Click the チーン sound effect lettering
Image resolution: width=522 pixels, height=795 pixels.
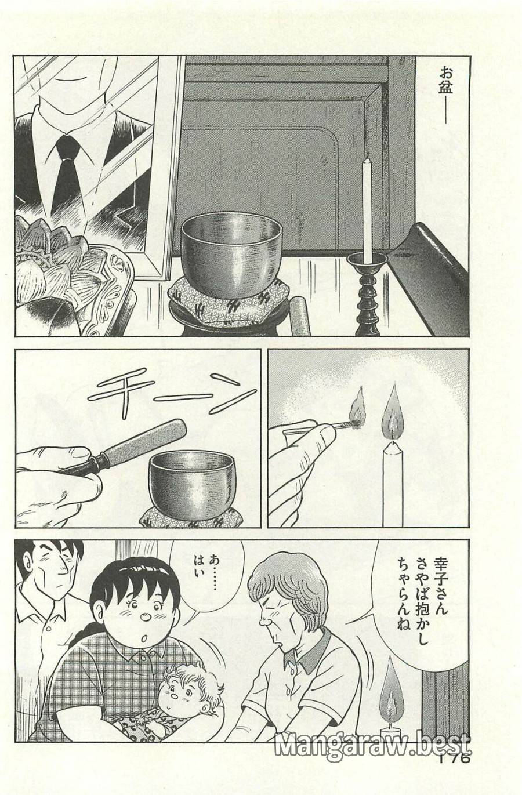click(x=174, y=394)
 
